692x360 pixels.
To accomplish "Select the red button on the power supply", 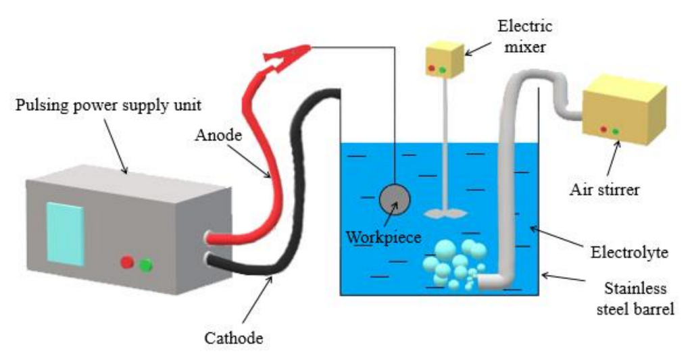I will coord(126,261).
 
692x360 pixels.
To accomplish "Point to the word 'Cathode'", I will coord(234,336).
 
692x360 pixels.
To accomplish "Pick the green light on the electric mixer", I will coord(442,70).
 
